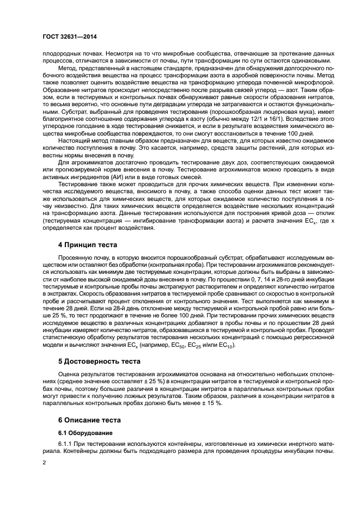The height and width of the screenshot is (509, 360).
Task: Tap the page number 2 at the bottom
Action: [x=45, y=463]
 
